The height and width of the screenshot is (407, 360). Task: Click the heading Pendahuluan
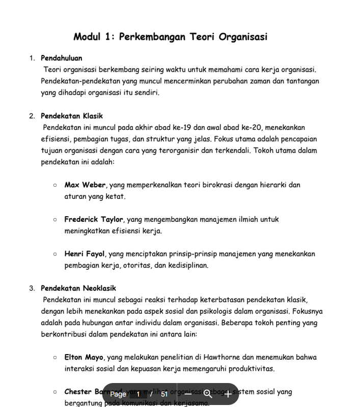click(61, 58)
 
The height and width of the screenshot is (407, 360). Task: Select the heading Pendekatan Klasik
click(72, 116)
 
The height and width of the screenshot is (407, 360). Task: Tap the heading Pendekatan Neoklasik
click(78, 288)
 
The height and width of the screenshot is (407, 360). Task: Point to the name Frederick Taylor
click(94, 219)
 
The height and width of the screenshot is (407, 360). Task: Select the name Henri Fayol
click(85, 254)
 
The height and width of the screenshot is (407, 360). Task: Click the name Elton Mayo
click(84, 358)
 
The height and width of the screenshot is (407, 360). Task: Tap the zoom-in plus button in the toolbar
click(228, 394)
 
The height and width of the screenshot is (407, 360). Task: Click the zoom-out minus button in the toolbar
click(188, 394)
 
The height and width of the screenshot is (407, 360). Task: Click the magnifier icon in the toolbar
click(207, 394)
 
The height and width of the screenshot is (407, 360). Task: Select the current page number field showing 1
click(138, 394)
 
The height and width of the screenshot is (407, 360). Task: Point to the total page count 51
click(164, 394)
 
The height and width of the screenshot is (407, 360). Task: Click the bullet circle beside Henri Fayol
click(54, 254)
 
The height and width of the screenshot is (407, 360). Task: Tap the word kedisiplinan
click(186, 265)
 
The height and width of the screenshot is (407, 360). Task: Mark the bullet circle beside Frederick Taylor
click(54, 219)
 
